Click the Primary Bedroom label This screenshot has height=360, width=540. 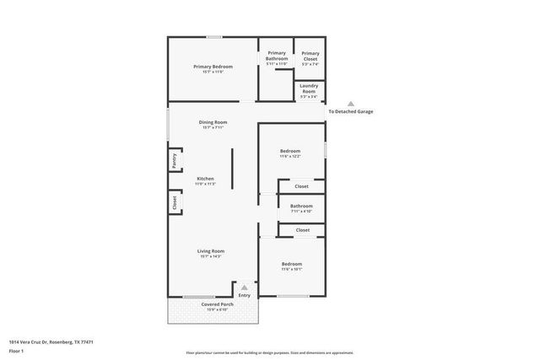[x=213, y=67]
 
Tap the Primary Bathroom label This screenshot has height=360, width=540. [x=277, y=56]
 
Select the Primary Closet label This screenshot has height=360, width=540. [x=310, y=56]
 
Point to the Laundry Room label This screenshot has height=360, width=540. [x=310, y=89]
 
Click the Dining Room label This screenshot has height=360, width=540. [x=213, y=122]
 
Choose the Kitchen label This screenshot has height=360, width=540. [x=206, y=179]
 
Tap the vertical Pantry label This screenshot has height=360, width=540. [x=175, y=160]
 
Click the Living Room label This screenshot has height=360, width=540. [x=211, y=250]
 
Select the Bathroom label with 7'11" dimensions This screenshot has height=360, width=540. [x=301, y=206]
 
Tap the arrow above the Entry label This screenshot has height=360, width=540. [x=245, y=287]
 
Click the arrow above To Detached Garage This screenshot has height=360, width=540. [x=351, y=104]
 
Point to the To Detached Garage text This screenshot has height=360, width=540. [x=351, y=111]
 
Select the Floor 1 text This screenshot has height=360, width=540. [x=16, y=350]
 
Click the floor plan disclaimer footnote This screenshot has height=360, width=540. [x=270, y=352]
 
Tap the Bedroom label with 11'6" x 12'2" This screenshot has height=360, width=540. [x=290, y=152]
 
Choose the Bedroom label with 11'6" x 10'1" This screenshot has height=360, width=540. [x=291, y=265]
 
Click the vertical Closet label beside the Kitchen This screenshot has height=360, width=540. [x=175, y=202]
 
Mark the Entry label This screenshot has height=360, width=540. [x=245, y=295]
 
